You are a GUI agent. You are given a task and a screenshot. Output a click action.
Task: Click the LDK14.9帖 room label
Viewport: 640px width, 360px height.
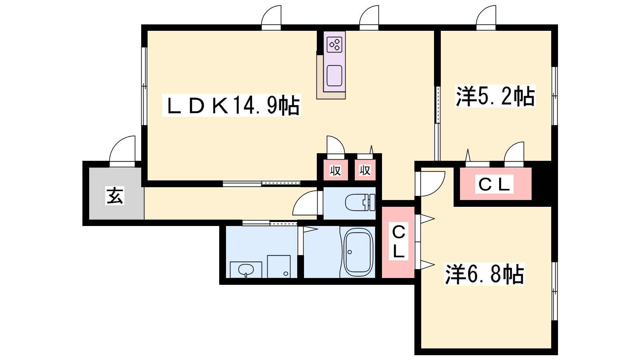(232, 105)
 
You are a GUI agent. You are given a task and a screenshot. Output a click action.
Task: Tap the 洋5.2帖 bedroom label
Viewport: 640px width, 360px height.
(495, 96)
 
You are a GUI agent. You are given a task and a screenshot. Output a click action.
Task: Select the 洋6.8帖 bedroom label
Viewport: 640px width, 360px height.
(484, 274)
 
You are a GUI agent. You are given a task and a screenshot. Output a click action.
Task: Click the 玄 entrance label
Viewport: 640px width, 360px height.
(115, 196)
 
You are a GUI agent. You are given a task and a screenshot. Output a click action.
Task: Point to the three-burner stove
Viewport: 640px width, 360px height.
(334, 44)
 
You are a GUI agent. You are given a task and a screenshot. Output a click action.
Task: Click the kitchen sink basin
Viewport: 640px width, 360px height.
(334, 76)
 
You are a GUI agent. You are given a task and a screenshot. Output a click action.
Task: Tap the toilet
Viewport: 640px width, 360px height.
(360, 202)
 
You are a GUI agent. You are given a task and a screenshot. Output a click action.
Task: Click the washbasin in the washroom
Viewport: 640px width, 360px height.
(246, 270)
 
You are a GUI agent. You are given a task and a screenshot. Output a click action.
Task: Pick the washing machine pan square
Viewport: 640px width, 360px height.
(279, 266)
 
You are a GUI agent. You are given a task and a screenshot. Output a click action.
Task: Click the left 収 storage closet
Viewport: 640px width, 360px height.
(336, 170)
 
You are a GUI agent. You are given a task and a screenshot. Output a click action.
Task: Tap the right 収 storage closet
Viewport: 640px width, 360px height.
(365, 170)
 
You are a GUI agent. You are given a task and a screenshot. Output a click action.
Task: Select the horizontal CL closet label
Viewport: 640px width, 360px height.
(494, 184)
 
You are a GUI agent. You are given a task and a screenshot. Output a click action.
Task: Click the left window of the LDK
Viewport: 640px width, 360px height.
(144, 86)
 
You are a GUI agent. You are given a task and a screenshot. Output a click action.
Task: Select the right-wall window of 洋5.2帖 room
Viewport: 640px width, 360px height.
(554, 96)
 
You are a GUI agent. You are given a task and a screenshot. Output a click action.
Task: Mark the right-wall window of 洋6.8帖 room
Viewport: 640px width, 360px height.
(554, 291)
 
